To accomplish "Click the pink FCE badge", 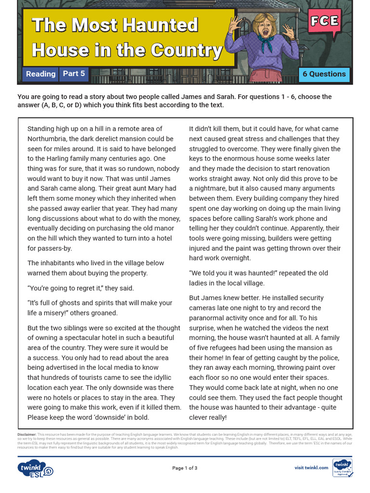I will (324, 21).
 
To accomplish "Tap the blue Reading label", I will (40, 74).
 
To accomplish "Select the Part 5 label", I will (74, 74).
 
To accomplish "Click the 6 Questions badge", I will (324, 74).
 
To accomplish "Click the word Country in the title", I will (186, 50).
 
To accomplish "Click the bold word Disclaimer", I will (27, 434).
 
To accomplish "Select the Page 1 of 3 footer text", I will (185, 468).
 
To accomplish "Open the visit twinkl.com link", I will (311, 467).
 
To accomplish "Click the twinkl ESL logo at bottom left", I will (35, 468).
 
